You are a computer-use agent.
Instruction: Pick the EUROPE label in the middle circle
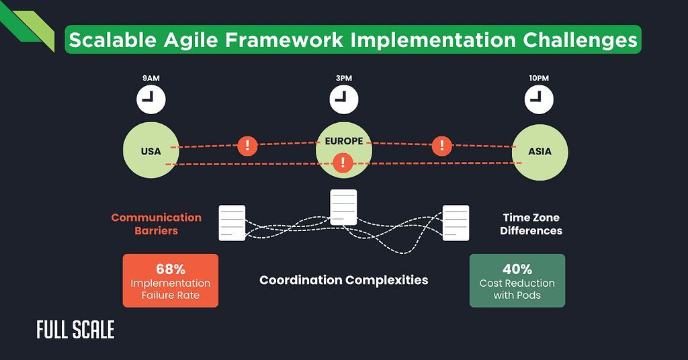(x=343, y=142)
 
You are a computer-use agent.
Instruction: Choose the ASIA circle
(x=540, y=151)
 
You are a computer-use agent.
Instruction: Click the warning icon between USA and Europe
(x=248, y=145)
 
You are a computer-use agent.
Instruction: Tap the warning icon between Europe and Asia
(x=441, y=145)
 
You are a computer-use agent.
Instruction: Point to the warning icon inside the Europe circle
(x=343, y=162)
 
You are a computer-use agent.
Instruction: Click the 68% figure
(x=171, y=269)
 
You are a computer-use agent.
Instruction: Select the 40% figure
(x=517, y=269)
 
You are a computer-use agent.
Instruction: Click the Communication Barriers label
(x=156, y=224)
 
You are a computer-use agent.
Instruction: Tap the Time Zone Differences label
(x=532, y=224)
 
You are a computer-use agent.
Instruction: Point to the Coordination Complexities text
(x=343, y=280)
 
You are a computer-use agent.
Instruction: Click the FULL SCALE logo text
(x=75, y=329)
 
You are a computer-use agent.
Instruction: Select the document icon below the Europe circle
(x=343, y=208)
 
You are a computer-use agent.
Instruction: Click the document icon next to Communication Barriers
(x=232, y=223)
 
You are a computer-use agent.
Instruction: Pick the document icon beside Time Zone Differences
(x=456, y=223)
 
